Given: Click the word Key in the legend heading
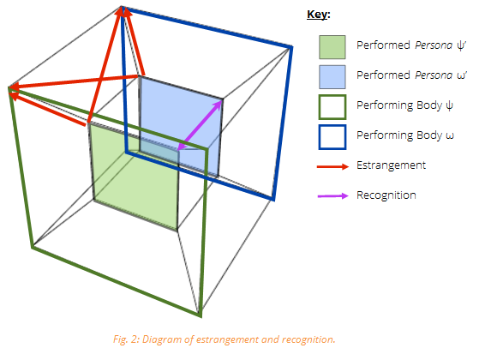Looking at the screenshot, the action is [x=317, y=15].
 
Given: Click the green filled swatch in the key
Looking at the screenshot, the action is [x=332, y=47].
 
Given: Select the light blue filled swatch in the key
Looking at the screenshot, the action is [x=332, y=77].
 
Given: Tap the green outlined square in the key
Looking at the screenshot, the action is [x=332, y=107].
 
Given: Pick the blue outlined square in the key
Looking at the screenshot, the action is [x=332, y=137].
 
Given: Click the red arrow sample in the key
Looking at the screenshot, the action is [x=332, y=166].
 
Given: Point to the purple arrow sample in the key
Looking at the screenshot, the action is [x=332, y=195].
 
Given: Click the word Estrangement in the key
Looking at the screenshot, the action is [x=391, y=165].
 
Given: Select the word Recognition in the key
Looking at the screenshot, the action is [x=386, y=195].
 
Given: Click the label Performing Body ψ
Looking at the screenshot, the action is [x=405, y=105].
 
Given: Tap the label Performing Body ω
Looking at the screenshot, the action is [x=405, y=135].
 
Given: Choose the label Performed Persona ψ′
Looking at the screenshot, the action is [x=411, y=45].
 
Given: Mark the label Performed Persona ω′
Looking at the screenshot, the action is [x=411, y=75].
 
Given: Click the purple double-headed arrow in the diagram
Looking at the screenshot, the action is [x=200, y=125].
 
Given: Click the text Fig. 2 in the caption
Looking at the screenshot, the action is [x=126, y=339].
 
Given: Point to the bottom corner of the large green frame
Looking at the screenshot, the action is [x=201, y=316].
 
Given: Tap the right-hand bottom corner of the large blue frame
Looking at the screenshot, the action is [x=273, y=199].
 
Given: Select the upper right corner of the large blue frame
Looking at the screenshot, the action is [x=291, y=47].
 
